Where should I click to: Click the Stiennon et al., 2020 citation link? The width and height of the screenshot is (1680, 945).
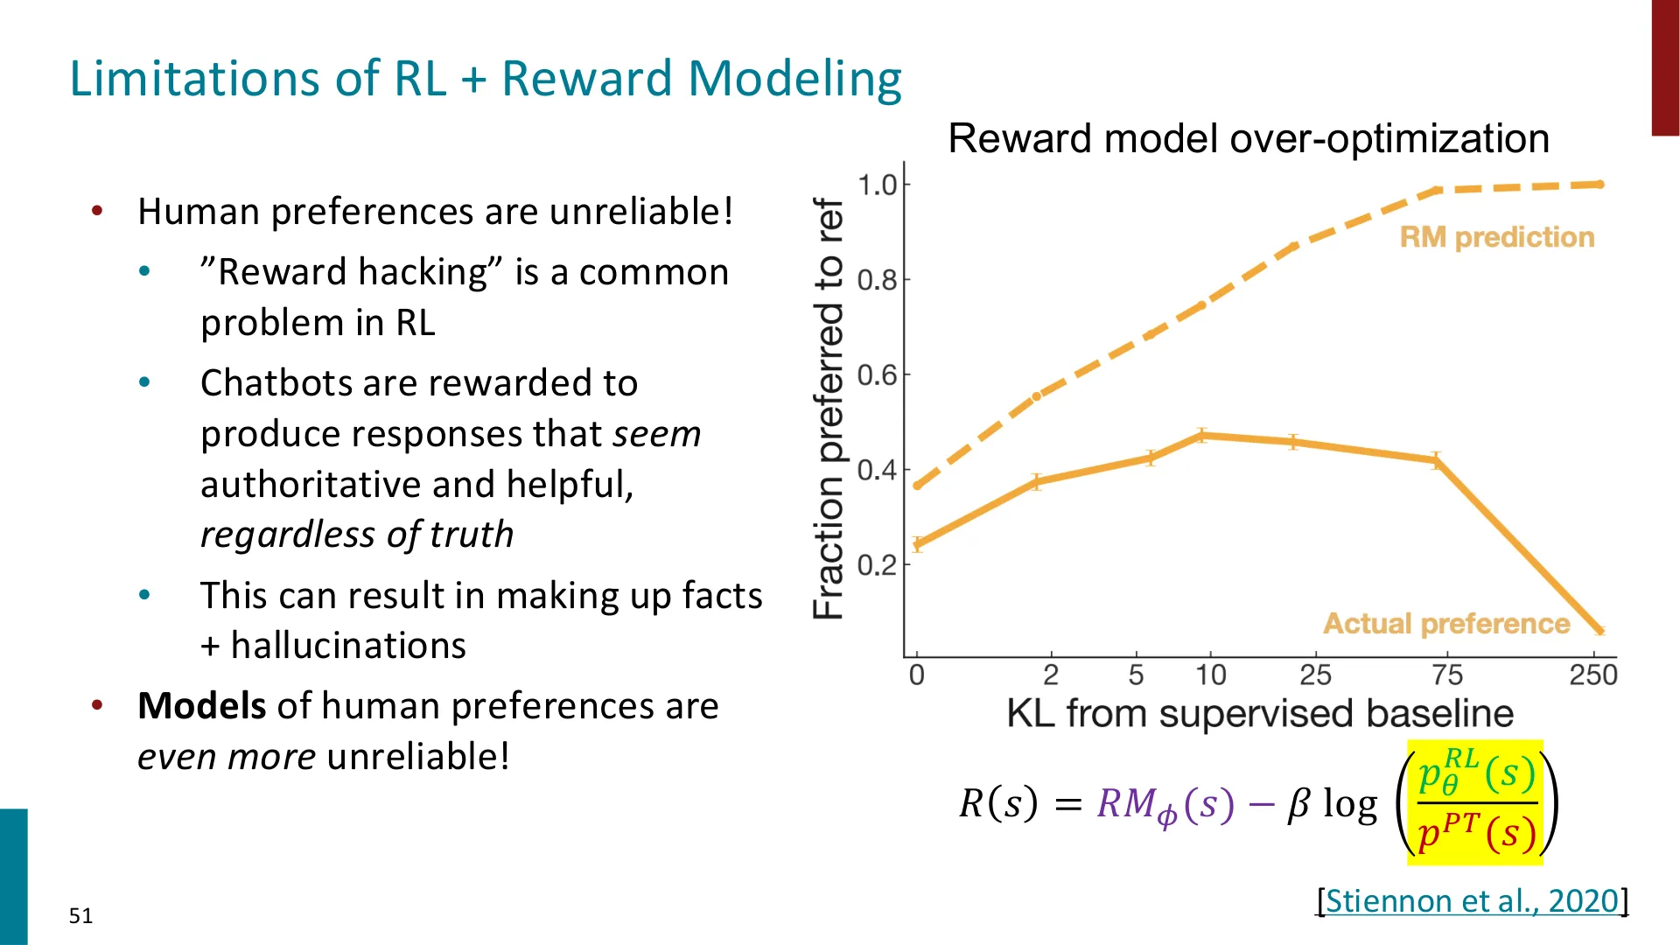point(1473,900)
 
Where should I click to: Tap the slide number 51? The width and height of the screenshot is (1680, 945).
point(80,916)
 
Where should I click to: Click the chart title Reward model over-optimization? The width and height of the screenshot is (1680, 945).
point(1249,138)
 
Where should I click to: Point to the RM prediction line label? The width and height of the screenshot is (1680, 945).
point(1497,237)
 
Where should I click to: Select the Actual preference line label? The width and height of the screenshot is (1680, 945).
point(1446,623)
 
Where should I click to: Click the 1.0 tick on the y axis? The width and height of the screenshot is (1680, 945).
point(878,185)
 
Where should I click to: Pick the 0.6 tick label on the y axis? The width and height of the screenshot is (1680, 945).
point(878,375)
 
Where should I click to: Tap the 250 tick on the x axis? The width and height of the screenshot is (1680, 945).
point(1593,675)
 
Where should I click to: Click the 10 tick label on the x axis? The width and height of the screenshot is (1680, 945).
point(1211,675)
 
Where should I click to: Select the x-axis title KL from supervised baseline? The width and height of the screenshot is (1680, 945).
point(1260,713)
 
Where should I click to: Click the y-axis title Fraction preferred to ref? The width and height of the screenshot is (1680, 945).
point(829,409)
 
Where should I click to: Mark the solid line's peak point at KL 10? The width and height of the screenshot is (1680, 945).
point(1203,435)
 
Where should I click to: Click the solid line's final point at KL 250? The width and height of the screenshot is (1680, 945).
point(1600,630)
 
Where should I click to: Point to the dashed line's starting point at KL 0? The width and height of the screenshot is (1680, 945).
point(917,486)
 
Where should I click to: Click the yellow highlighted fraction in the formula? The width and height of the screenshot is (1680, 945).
point(1475,802)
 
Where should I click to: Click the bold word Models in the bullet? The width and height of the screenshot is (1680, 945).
point(202,705)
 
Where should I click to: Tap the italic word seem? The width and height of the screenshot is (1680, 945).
point(657,435)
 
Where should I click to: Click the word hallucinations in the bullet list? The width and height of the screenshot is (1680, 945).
point(348,646)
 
